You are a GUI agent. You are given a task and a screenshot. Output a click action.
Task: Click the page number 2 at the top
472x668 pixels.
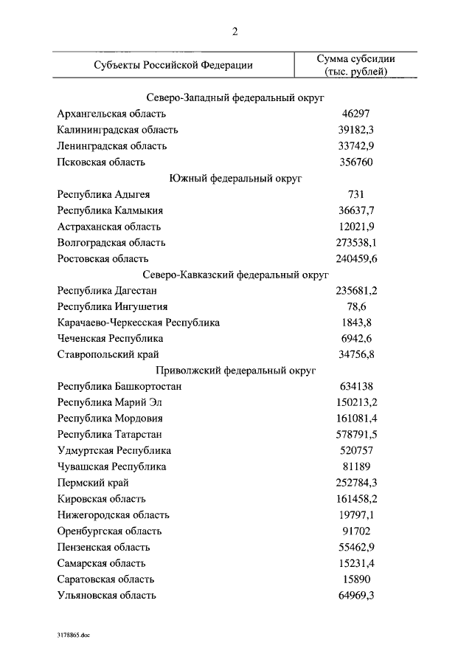(235, 30)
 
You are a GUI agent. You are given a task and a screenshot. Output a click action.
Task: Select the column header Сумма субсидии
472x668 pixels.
(355, 58)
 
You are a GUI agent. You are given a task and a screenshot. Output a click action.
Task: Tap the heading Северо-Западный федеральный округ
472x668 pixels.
(236, 97)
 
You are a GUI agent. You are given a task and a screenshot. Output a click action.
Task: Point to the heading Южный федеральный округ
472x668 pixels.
(236, 179)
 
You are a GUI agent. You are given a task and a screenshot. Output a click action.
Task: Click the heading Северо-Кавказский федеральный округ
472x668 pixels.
(236, 275)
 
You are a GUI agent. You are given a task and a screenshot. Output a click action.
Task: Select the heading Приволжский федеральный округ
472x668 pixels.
(236, 371)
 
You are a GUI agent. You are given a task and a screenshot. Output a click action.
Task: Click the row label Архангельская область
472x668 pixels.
(111, 114)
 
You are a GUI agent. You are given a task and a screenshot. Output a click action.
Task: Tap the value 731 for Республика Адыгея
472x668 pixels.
(355, 195)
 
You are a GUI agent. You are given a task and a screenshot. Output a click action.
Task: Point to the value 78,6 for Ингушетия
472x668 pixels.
(355, 306)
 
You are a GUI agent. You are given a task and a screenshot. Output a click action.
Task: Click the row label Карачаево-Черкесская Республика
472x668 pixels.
(138, 323)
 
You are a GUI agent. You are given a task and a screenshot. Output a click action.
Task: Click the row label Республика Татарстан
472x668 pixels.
(109, 435)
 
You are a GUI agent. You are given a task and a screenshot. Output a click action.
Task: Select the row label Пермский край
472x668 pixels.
(93, 483)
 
